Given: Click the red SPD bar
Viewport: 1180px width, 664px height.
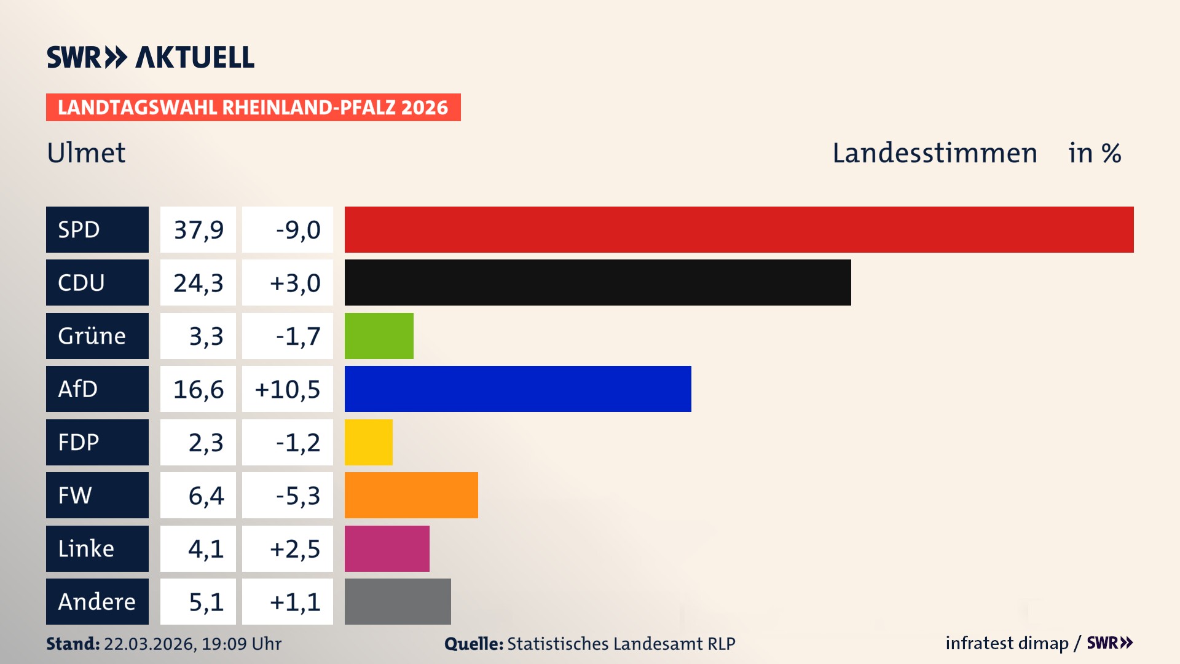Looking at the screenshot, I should point(739,229).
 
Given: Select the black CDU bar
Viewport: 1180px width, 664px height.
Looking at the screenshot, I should point(597,282).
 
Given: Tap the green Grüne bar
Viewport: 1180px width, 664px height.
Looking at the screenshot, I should point(379,336).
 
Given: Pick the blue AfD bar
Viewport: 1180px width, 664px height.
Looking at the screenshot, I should point(517,389).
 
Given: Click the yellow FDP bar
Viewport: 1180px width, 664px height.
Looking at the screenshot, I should point(368,442).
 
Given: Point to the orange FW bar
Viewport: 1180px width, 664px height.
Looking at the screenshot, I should point(411,495).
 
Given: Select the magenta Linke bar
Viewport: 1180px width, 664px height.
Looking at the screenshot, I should point(387,548).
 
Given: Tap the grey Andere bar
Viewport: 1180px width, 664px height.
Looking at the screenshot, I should point(397,601).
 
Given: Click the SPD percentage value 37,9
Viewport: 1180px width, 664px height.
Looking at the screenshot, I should point(198,230).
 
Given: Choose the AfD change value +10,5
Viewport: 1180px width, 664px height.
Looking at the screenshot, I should point(288,389).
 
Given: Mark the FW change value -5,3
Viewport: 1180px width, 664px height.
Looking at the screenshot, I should point(297,496).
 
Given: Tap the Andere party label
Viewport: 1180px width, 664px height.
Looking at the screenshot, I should point(97,601).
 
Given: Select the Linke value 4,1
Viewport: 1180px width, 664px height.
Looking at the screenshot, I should point(205,548).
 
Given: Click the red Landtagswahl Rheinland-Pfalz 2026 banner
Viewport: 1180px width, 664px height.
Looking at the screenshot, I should point(253,108).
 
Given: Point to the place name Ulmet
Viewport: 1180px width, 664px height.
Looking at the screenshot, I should point(86,153).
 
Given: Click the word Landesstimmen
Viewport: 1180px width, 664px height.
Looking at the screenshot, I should point(934,153).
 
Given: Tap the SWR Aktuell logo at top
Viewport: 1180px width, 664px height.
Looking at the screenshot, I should point(150,57).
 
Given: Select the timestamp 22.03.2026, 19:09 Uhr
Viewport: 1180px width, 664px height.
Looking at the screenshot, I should point(192,644).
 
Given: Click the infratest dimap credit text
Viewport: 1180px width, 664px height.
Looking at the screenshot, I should point(1006,643).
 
